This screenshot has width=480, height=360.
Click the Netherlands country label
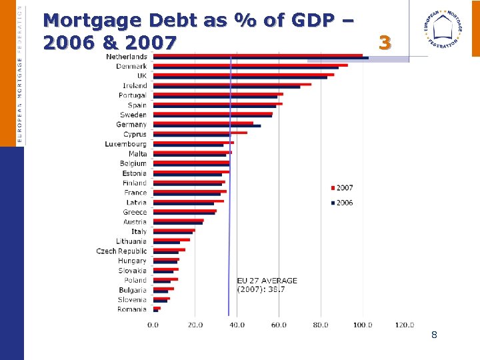[x=127, y=57]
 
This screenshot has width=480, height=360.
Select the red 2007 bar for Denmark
[x=250, y=65]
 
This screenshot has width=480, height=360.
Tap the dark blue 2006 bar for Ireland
[x=226, y=87]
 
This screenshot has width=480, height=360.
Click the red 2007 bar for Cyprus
[x=200, y=133]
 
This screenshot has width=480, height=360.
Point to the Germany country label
[x=131, y=125]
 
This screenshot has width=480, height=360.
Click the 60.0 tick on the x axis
[x=279, y=325]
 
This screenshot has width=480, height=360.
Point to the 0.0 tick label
[x=153, y=325]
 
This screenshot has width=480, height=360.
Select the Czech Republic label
[x=121, y=251]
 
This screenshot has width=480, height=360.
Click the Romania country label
[x=131, y=309]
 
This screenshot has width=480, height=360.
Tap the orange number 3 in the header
[x=384, y=43]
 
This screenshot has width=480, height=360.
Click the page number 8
[x=434, y=335]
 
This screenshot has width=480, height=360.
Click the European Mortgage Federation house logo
[x=444, y=31]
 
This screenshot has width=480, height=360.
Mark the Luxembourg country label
[x=125, y=144]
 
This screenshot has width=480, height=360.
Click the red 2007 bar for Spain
[x=217, y=103]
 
